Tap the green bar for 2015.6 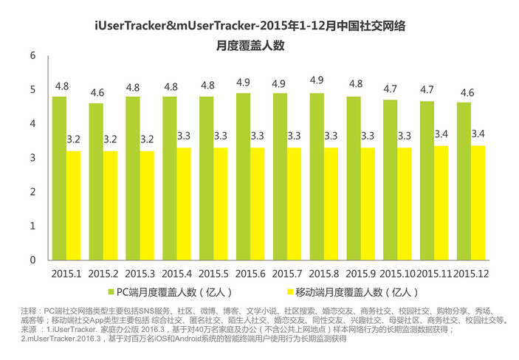(x=243, y=177)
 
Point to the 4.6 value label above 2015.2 (x=97, y=94)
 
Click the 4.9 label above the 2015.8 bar (x=317, y=80)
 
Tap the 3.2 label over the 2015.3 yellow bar (x=147, y=139)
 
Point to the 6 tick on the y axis (x=32, y=56)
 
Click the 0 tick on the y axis (x=32, y=260)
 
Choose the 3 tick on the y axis (x=32, y=159)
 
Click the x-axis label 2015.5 (x=214, y=274)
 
